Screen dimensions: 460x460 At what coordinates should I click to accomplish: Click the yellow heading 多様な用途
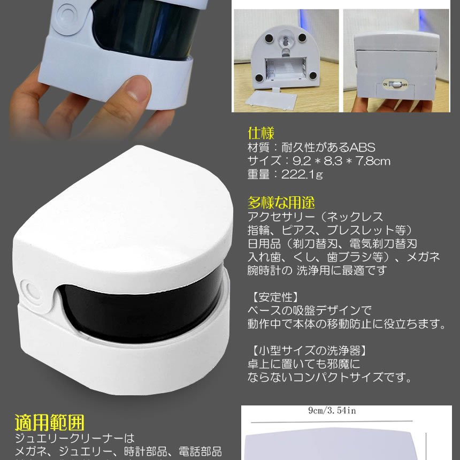[281, 203]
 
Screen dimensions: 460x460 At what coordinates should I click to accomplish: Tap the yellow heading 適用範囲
[50, 423]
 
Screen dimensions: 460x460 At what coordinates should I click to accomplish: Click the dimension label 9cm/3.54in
[333, 410]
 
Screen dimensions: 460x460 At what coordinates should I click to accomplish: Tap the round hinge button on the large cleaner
[31, 289]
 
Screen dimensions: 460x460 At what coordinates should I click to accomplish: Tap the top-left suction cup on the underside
[269, 37]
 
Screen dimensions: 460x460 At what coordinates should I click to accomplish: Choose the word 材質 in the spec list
[259, 147]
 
